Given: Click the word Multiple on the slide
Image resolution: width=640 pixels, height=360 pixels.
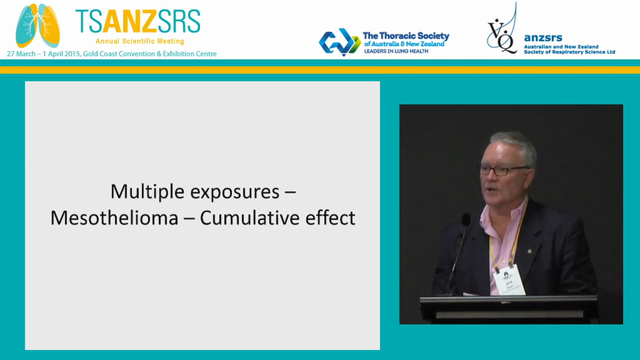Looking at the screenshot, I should pos(140,191).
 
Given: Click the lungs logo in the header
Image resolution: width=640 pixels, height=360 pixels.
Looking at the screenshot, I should pos(37,25).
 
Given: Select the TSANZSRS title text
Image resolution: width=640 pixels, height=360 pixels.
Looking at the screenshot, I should pos(137,21).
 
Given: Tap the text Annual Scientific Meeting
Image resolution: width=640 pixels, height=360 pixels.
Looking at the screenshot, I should pos(139,41).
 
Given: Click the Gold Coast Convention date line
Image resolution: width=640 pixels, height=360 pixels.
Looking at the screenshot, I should pos(111,53).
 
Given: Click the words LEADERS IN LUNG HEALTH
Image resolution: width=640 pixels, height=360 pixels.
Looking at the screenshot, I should pos(396,51).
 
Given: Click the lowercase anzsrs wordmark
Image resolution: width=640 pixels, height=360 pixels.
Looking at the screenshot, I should pos(543,38).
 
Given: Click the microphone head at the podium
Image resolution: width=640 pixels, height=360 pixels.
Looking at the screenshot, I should pos(466,219).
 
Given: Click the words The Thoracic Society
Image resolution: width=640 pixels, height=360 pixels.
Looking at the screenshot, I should pos(405,36).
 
